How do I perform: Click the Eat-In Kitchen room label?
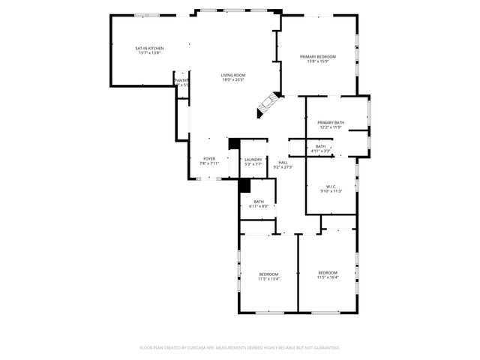149,48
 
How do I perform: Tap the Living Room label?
233,75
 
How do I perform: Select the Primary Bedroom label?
317,57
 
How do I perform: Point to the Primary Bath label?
330,122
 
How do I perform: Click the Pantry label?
181,80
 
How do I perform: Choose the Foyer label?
209,158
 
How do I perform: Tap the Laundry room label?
253,159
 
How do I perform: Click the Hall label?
283,162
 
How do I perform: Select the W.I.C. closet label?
331,186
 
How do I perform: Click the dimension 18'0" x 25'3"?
233,80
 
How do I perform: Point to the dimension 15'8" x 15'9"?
317,61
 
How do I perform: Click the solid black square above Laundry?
234,143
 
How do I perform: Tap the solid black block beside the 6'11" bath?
244,187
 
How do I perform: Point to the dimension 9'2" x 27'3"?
283,166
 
